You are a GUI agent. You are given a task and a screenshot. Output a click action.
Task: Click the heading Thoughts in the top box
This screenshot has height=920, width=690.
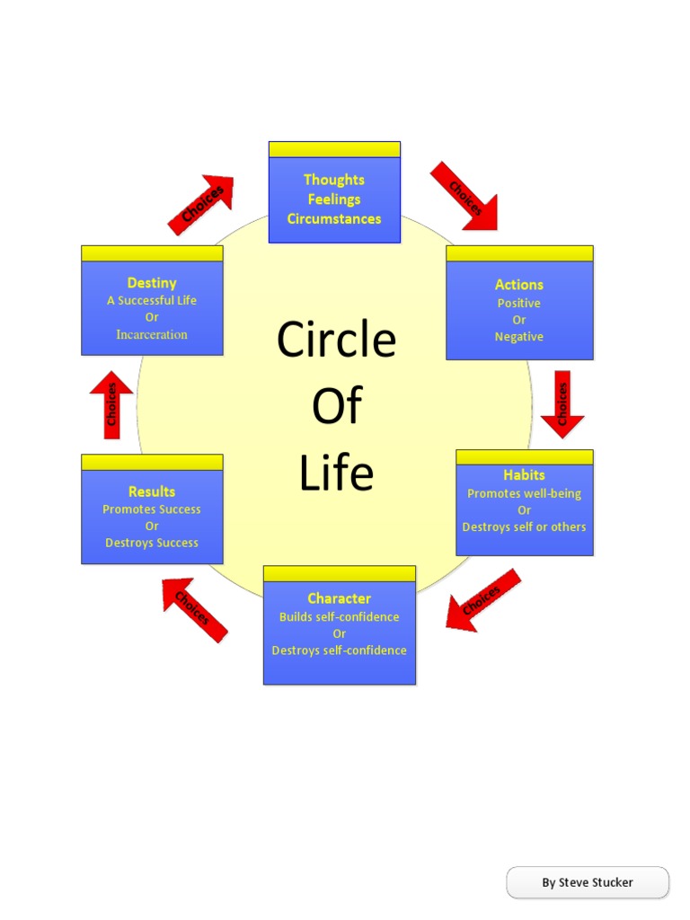click(x=334, y=180)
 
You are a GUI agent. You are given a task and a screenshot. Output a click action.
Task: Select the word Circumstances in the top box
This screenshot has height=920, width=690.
click(x=334, y=218)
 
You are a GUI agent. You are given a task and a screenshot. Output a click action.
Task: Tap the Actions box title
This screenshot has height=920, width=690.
click(x=519, y=284)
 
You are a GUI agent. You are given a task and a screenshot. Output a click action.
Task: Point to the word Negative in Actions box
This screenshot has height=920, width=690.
click(x=519, y=337)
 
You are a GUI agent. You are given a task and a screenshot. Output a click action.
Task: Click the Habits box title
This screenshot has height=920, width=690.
click(x=524, y=474)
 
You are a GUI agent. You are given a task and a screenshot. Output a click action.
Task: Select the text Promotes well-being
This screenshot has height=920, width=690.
click(x=524, y=493)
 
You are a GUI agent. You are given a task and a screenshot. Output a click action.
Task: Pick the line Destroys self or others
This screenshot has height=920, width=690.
click(x=524, y=527)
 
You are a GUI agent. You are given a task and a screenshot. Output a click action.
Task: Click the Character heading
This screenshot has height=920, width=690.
click(x=339, y=598)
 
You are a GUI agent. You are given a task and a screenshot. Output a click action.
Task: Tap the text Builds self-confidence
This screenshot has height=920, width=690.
click(x=339, y=617)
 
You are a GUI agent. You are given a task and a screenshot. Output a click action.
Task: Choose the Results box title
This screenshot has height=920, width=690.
click(x=152, y=491)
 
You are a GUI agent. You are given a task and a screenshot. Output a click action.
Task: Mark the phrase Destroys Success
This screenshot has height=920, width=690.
click(x=152, y=543)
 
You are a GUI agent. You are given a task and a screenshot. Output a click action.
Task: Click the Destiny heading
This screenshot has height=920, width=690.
click(x=152, y=283)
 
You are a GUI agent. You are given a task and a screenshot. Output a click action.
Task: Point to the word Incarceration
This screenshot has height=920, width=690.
click(x=152, y=334)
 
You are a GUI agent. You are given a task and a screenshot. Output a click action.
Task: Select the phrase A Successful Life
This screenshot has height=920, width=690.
click(x=152, y=300)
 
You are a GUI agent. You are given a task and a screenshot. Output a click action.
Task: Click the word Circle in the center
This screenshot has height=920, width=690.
click(x=336, y=341)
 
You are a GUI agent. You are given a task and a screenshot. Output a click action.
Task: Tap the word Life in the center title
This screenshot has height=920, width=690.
click(x=336, y=473)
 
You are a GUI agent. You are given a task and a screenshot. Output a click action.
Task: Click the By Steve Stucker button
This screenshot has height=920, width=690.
click(x=588, y=882)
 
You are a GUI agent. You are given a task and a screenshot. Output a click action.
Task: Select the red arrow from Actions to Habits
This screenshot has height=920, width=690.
click(x=562, y=404)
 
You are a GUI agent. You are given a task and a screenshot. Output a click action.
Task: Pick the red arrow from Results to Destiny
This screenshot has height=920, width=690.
click(x=111, y=404)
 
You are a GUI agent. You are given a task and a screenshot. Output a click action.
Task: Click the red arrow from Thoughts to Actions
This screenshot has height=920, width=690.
click(x=464, y=196)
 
